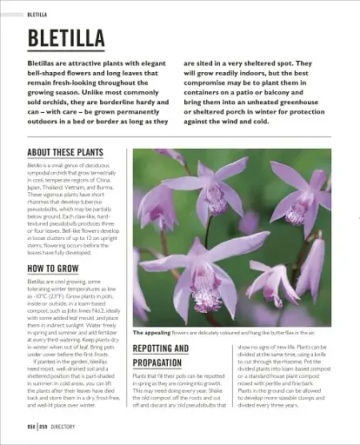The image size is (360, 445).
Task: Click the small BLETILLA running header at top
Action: (37, 15)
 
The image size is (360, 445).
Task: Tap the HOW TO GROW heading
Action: (53, 269)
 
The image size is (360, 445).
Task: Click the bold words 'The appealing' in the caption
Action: (152, 333)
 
